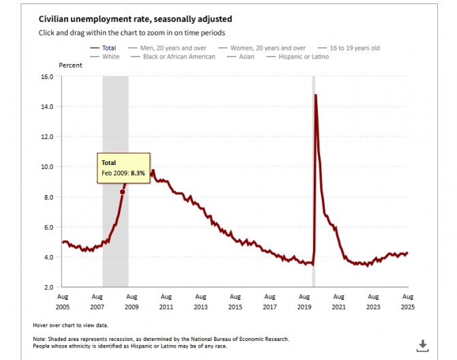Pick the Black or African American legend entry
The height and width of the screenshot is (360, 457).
tap(179, 57)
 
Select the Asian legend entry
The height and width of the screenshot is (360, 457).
tap(246, 57)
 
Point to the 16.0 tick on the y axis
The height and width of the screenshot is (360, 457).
tap(46, 77)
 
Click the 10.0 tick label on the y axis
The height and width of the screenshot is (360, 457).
tap(46, 167)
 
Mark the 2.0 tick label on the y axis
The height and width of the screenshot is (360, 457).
tap(48, 287)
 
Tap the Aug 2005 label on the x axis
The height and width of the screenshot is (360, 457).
tap(63, 301)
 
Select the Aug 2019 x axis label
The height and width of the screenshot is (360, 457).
tap(305, 301)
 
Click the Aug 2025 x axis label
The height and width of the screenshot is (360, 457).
tap(408, 301)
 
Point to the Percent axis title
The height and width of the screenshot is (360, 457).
tap(70, 65)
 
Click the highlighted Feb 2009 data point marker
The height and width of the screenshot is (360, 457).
tap(122, 192)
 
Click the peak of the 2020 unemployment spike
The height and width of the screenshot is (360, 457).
tap(315, 95)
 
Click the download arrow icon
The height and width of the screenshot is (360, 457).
tap(422, 345)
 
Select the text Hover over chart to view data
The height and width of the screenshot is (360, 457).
tap(70, 325)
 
